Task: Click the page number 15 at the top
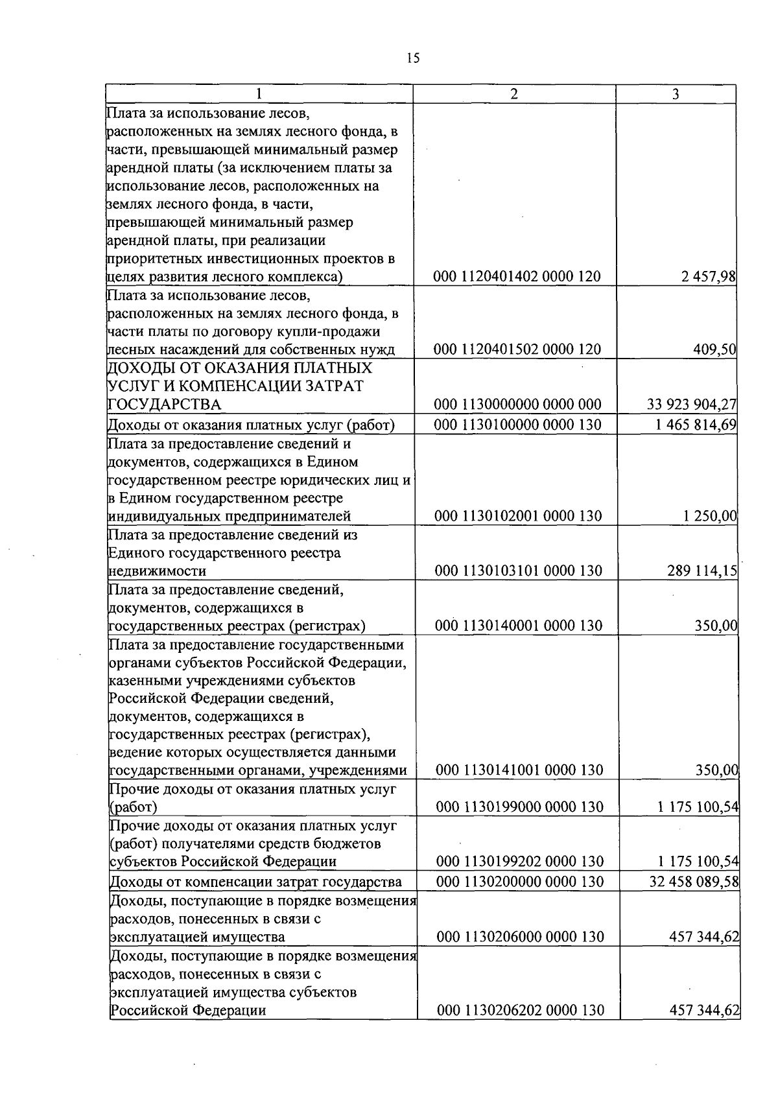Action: tap(413, 58)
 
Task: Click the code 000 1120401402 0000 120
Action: tap(517, 277)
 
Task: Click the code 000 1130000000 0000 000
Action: tap(517, 405)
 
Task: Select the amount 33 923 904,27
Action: tap(692, 405)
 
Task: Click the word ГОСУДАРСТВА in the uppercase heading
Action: tap(165, 405)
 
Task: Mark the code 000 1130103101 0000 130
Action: tap(518, 571)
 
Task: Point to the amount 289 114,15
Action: tap(702, 571)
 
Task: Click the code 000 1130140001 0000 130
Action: tap(518, 626)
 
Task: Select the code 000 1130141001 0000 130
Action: tap(519, 770)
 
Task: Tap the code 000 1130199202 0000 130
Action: tap(519, 862)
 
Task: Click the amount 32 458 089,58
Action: tap(694, 882)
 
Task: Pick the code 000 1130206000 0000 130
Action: tap(520, 936)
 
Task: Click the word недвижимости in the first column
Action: tap(157, 571)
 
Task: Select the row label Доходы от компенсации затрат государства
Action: tap(255, 882)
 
